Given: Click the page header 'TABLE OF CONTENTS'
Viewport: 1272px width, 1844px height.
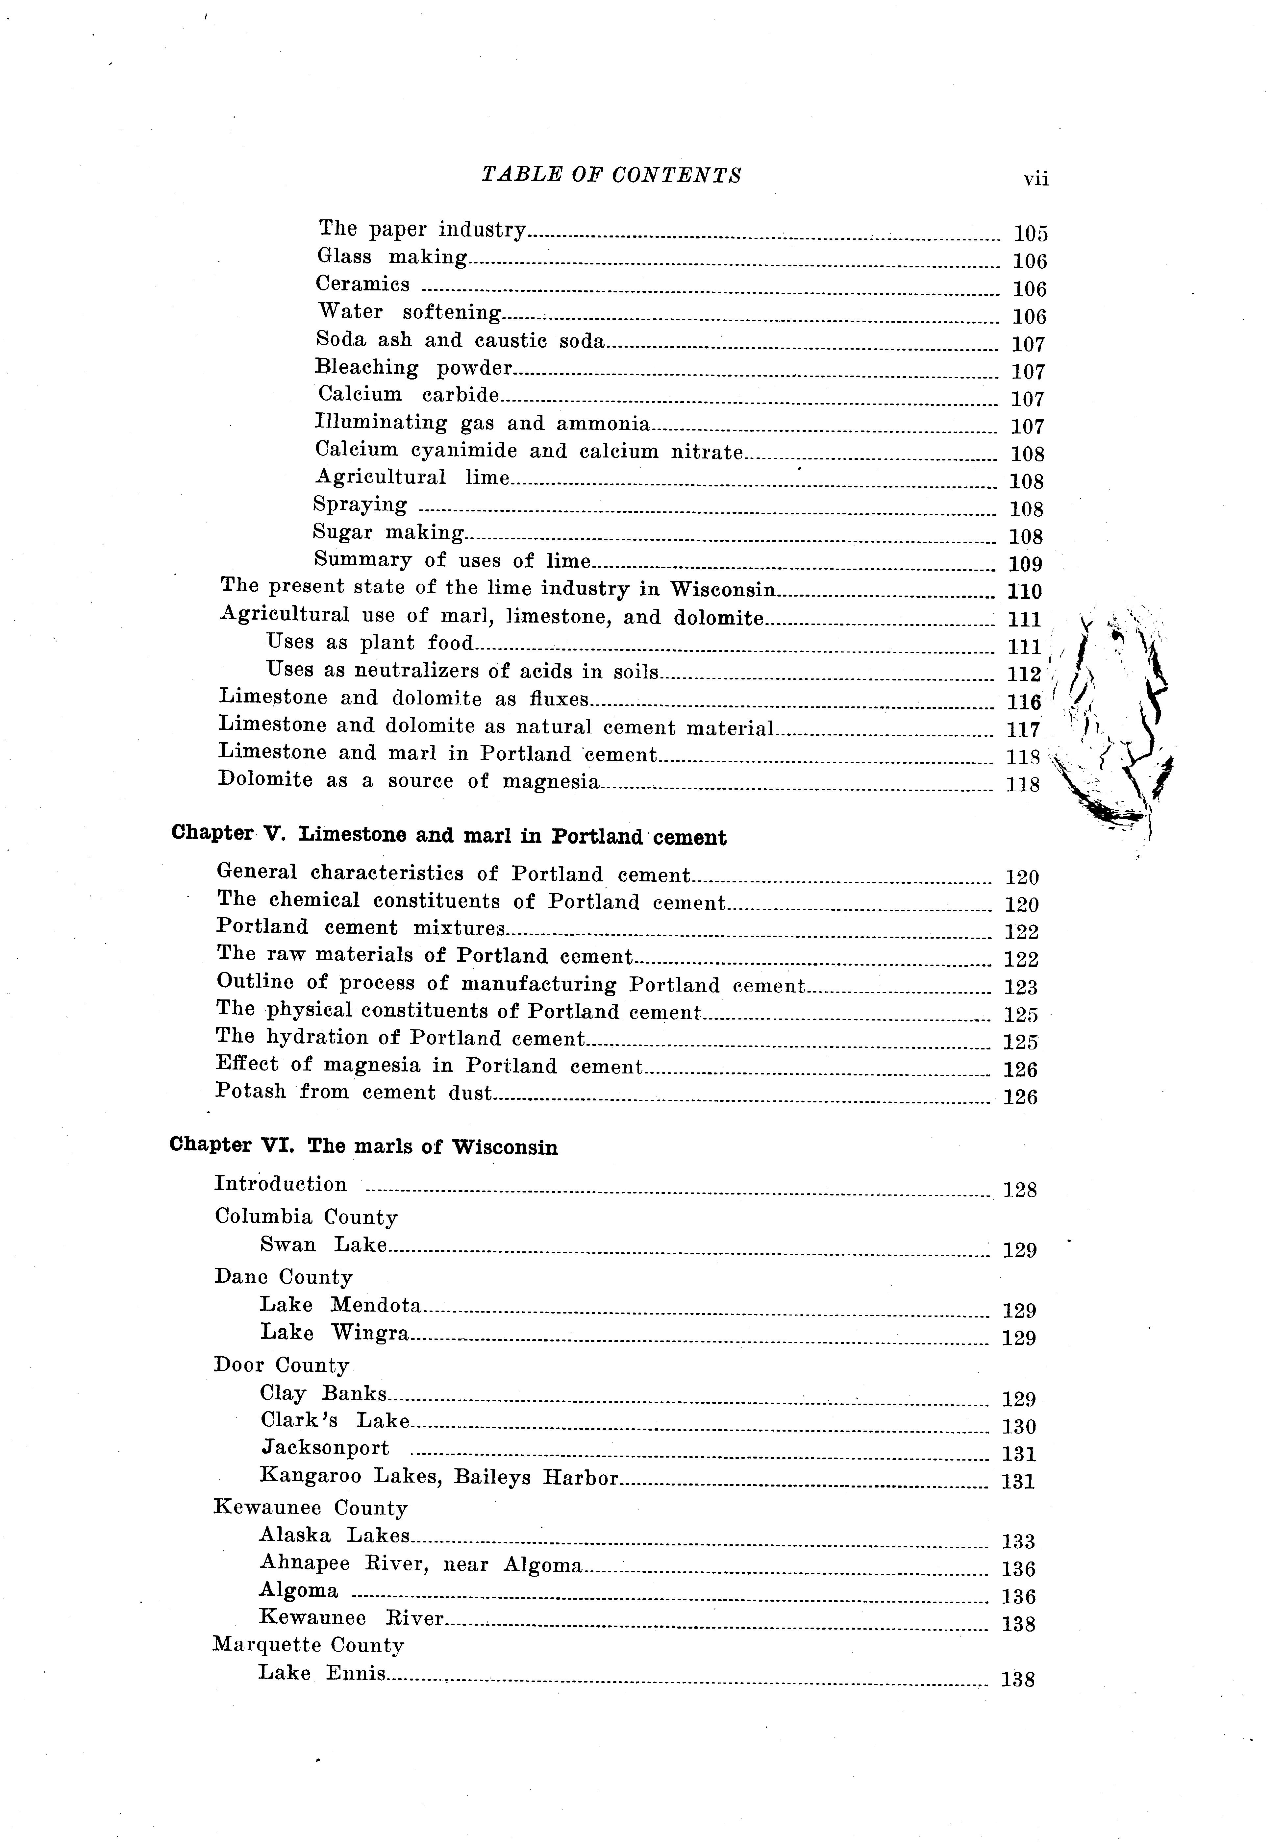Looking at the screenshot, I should pyautogui.click(x=611, y=175).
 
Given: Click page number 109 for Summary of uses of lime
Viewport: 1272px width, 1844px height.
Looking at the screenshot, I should pyautogui.click(x=1026, y=564).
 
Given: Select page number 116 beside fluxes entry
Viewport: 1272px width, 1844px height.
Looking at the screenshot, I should pyautogui.click(x=1024, y=702).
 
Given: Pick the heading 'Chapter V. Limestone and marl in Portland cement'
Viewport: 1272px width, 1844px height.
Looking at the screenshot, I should pyautogui.click(x=449, y=836).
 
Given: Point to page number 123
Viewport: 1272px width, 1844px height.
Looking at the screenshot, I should pyautogui.click(x=1021, y=987).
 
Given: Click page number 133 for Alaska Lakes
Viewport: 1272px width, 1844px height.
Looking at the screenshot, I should pyautogui.click(x=1018, y=1541).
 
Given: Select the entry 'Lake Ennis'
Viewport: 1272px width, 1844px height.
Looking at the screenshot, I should pyautogui.click(x=322, y=1673).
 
